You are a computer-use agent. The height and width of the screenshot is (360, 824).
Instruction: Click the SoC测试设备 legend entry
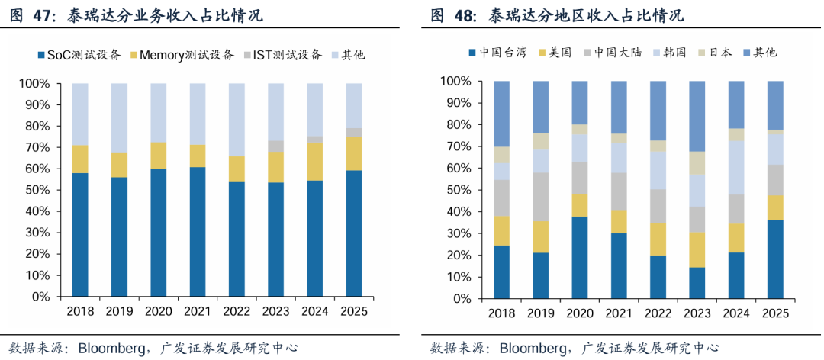pos(81,55)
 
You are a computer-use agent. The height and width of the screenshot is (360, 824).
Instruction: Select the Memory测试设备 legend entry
pos(182,55)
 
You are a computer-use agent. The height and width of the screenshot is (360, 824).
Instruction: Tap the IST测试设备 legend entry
pos(283,55)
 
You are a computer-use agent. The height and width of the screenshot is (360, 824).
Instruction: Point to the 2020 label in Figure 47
pos(159,311)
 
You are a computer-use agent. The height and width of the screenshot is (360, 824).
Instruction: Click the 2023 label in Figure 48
pos(697,313)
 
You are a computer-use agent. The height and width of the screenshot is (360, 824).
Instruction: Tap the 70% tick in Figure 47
pos(34,148)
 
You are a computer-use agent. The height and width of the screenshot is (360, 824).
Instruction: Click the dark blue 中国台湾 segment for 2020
pos(580,258)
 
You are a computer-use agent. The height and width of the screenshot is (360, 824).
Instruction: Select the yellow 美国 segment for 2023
pos(697,249)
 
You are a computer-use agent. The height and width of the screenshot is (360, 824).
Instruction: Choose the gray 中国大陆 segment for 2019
pos(541,197)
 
